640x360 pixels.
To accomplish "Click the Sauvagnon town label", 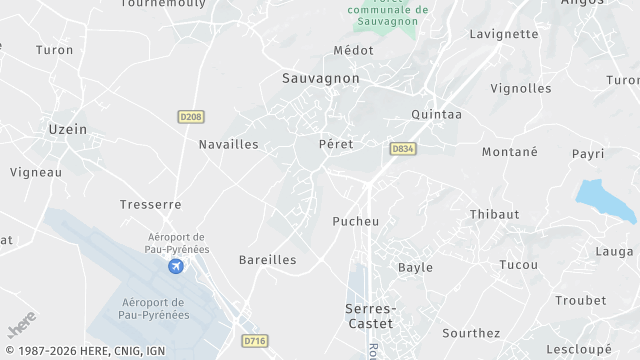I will click(321, 77).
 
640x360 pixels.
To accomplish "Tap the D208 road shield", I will click(191, 117).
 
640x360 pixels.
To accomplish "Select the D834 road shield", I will click(403, 149).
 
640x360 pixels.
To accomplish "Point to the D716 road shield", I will click(255, 341).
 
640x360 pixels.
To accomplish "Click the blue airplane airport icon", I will click(176, 266).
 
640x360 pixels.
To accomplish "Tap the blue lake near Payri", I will click(604, 200).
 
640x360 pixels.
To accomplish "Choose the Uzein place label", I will click(68, 129).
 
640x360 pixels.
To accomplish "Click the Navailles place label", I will click(228, 144).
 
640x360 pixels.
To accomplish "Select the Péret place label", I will click(336, 144).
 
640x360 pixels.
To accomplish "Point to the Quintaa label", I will click(436, 114).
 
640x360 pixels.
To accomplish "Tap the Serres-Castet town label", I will click(369, 316).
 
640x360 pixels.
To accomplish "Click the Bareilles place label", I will click(267, 259).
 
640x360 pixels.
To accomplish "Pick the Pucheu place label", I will click(355, 221).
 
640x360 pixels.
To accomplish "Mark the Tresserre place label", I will click(150, 204).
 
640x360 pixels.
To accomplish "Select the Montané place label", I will click(509, 151).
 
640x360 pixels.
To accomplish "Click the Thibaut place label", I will click(494, 214).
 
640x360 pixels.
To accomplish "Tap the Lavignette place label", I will click(504, 33).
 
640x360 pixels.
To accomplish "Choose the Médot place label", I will click(353, 50).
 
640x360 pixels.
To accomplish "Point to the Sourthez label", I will click(471, 333).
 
